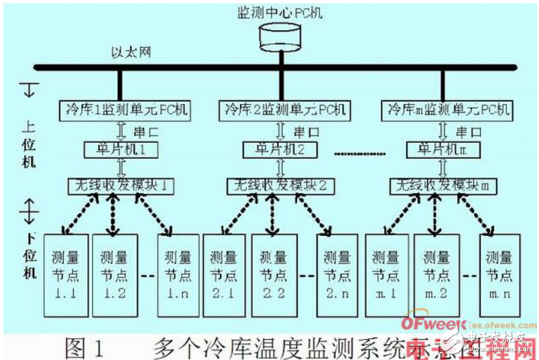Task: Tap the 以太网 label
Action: pyautogui.click(x=131, y=52)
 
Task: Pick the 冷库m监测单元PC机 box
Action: pyautogui.click(x=446, y=108)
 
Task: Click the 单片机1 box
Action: pyautogui.click(x=120, y=149)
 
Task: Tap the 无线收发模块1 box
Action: pyautogui.click(x=120, y=184)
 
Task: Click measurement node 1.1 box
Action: pyautogui.click(x=66, y=275)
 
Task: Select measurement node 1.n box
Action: pyautogui.click(x=176, y=275)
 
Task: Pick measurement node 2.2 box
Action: pyautogui.click(x=274, y=275)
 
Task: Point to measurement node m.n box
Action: pyautogui.click(x=499, y=275)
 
